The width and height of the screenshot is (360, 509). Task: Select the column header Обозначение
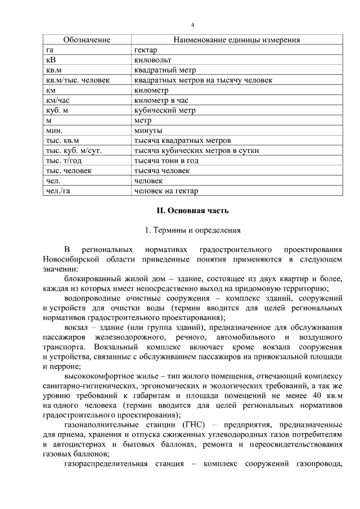coord(87,40)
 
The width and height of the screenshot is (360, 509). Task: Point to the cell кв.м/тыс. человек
coord(78,80)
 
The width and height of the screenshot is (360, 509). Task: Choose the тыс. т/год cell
coord(65,161)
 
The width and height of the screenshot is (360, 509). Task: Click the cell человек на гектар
coord(166,191)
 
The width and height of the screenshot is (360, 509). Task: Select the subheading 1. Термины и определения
coord(192,230)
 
